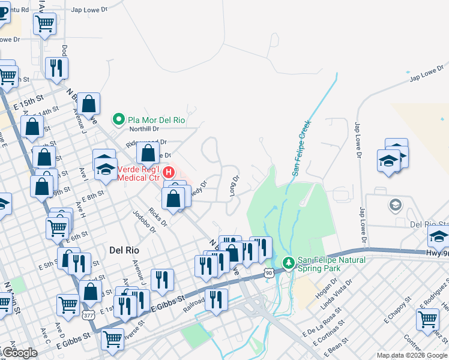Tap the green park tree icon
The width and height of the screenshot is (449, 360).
288,263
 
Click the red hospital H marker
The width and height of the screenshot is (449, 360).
169,172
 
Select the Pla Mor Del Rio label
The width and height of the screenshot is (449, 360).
156,119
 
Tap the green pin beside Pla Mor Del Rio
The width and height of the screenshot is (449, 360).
119,119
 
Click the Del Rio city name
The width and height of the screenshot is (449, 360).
124,249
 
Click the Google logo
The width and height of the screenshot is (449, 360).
19,353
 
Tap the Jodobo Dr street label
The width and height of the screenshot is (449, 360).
145,221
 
